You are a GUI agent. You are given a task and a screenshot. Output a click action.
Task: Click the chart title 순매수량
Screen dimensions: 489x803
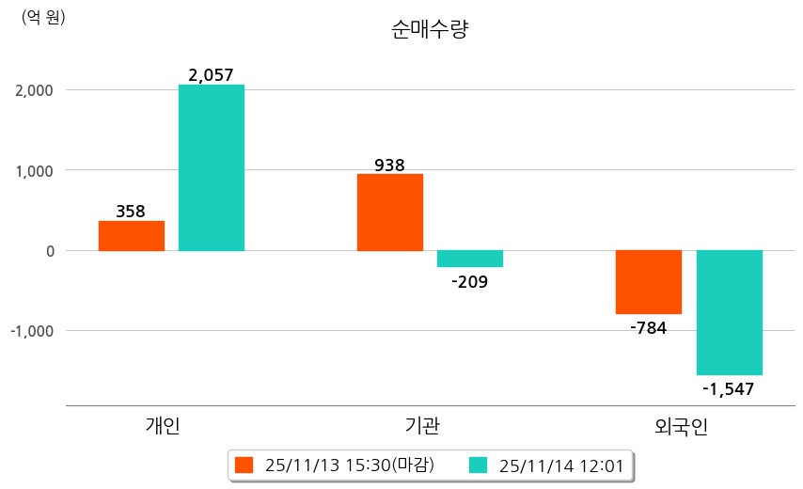click(429, 29)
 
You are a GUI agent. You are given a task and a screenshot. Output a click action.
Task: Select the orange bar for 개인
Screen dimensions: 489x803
click(132, 236)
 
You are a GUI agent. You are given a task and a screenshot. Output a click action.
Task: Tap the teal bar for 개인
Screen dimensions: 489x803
click(212, 167)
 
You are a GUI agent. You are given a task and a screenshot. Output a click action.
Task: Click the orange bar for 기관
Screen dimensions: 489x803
click(390, 213)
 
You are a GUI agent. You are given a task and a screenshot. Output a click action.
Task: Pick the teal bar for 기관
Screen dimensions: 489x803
click(470, 259)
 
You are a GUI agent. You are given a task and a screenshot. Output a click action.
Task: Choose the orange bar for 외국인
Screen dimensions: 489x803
click(649, 282)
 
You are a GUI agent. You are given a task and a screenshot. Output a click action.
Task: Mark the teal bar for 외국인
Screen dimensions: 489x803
click(729, 312)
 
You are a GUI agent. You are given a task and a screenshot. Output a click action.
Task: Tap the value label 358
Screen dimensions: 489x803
click(131, 212)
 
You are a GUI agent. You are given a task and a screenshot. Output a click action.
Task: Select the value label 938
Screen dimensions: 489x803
click(389, 166)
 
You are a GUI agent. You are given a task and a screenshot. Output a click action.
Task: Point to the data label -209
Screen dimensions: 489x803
click(469, 280)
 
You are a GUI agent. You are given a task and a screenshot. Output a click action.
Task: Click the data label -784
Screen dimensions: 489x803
click(648, 327)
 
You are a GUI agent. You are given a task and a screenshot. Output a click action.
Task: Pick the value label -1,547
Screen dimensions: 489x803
click(728, 387)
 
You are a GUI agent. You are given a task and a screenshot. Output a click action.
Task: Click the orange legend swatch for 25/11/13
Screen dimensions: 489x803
click(244, 465)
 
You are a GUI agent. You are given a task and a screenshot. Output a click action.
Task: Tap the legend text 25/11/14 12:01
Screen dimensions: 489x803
click(561, 465)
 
